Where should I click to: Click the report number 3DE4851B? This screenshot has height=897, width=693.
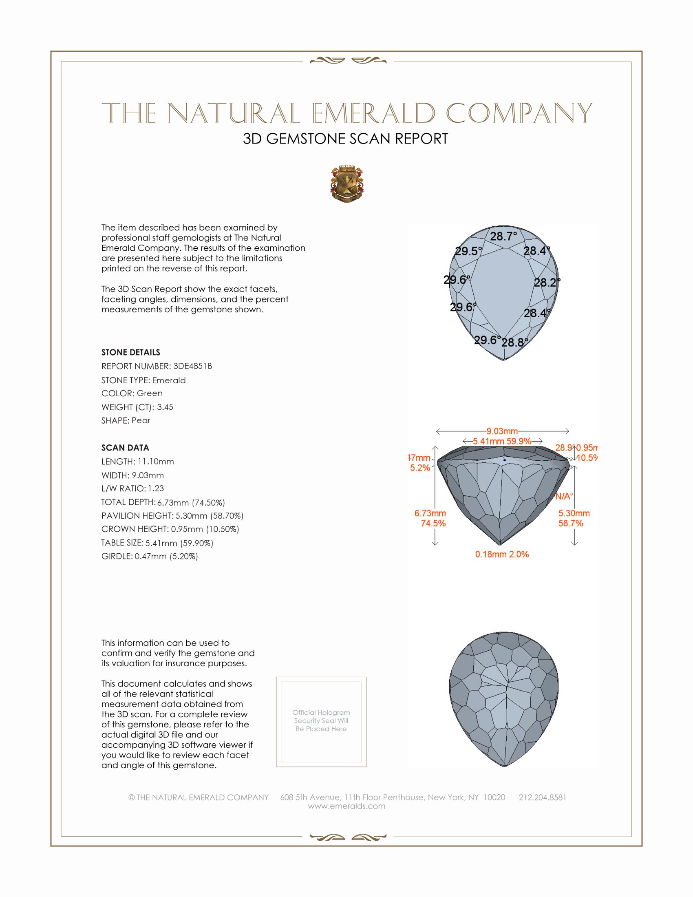[192, 366]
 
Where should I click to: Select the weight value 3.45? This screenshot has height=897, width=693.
[165, 407]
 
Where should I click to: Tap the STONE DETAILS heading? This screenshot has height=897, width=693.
[130, 352]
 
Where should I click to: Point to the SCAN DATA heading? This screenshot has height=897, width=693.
[125, 448]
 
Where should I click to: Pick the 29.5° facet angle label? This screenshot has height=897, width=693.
[468, 251]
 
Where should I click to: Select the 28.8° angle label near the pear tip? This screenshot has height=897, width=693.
[514, 342]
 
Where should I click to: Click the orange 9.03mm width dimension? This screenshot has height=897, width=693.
[502, 431]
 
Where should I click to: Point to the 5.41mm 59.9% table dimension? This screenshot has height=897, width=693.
[502, 442]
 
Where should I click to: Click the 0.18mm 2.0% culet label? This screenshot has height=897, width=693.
[502, 555]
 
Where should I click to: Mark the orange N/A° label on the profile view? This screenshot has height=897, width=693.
[564, 497]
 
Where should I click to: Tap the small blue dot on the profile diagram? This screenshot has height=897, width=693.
[505, 460]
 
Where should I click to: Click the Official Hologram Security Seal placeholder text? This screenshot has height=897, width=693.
[321, 720]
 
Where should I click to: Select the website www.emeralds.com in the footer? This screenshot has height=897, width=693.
[346, 806]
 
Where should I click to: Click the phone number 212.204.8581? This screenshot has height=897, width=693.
[542, 797]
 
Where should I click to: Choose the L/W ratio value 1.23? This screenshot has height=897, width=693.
[156, 488]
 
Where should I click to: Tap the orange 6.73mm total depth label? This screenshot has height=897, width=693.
[430, 513]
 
